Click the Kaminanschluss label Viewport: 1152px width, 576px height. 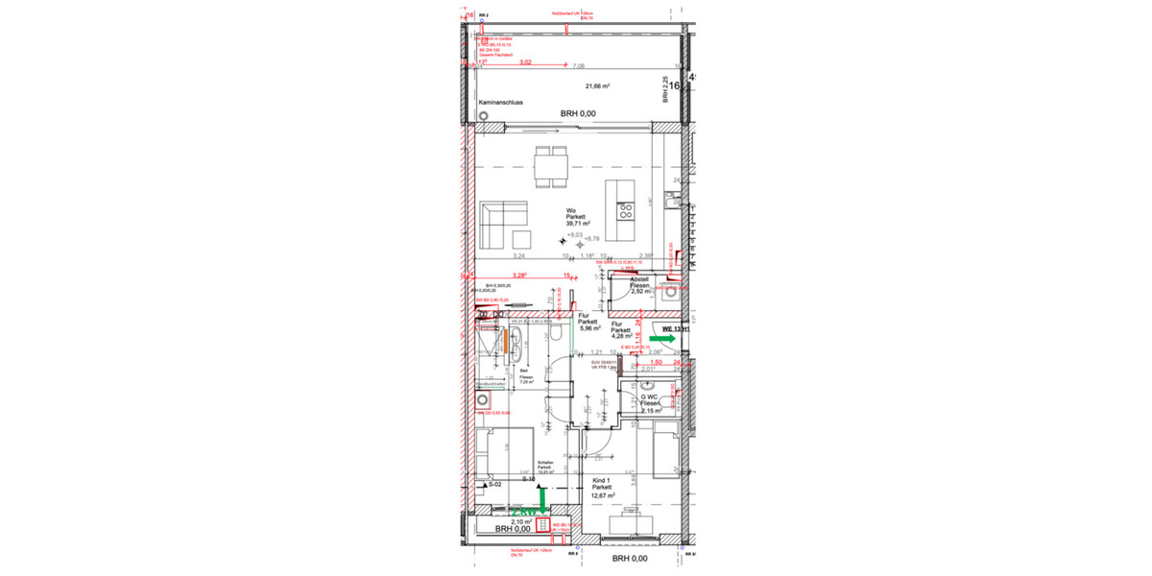[502, 103]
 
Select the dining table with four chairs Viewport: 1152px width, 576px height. [551, 167]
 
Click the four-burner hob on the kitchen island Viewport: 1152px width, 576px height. [625, 210]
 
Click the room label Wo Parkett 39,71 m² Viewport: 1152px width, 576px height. [576, 217]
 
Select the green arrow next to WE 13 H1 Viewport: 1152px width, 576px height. [660, 339]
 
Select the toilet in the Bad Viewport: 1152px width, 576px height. [557, 332]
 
